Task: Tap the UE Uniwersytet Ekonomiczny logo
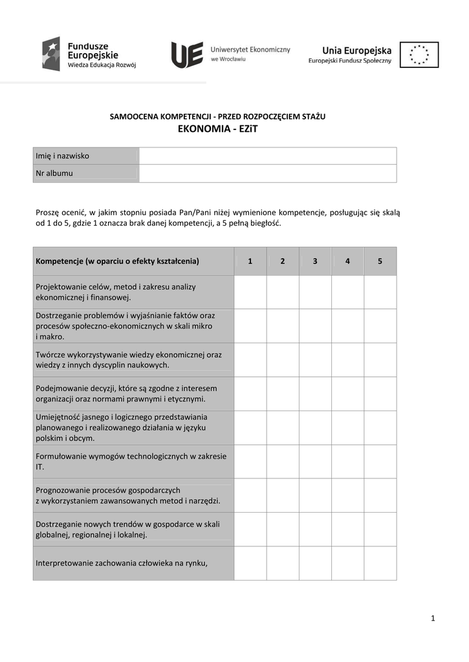[230, 54]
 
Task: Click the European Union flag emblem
[419, 54]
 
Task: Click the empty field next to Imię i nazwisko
[267, 156]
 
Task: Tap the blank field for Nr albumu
[267, 173]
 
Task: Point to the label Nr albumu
[55, 173]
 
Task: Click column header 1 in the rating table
[250, 261]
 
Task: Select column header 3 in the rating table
[315, 261]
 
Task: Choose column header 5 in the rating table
[380, 261]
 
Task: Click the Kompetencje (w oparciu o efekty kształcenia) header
[118, 261]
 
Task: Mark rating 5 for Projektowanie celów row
[380, 292]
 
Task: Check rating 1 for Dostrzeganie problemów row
[250, 326]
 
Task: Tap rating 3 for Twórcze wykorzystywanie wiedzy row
[315, 359]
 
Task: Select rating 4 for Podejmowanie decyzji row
[348, 394]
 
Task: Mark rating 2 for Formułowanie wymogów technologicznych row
[283, 461]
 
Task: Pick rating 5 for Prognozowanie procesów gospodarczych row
[380, 495]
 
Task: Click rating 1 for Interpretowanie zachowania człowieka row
[250, 563]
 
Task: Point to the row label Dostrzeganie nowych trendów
[128, 529]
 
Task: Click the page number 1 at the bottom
[433, 619]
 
